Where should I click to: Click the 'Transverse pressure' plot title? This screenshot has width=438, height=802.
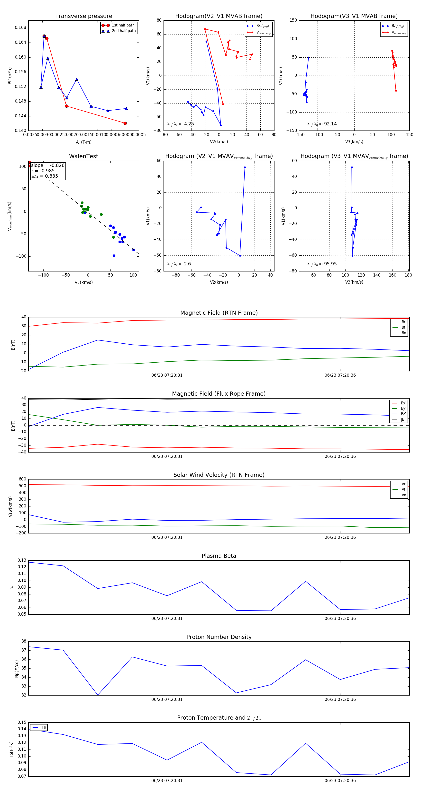pos(83,16)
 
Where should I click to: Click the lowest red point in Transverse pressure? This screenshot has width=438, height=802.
pos(125,123)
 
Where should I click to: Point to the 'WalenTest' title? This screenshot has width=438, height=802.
pos(83,156)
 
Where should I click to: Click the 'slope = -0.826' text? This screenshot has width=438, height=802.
pos(48,165)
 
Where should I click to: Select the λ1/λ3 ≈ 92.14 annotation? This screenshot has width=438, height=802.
pos(322,124)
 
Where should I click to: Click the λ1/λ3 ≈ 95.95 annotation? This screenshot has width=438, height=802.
pos(322,264)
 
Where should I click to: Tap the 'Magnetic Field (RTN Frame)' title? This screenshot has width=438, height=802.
pos(219,313)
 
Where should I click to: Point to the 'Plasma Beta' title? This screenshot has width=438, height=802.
pos(219,556)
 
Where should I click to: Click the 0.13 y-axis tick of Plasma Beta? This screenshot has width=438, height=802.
pos(22,560)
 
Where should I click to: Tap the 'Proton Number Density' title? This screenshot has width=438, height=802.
pos(219,637)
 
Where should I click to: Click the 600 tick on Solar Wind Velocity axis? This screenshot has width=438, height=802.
pos(22,479)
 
